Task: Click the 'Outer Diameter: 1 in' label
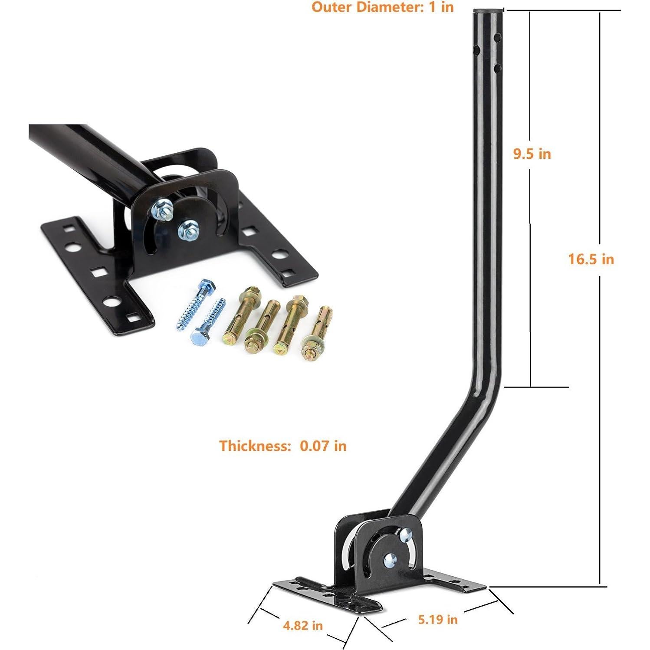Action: (383, 7)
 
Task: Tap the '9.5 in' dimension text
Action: (532, 154)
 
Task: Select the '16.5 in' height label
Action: (591, 259)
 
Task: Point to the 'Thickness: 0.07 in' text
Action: (282, 446)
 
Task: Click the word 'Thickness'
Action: (251, 446)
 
